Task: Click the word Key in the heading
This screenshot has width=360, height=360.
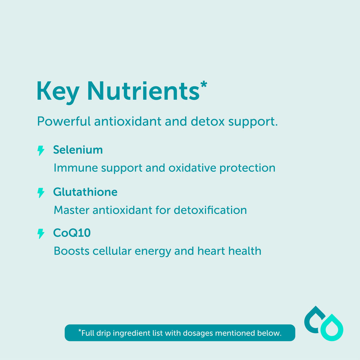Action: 58,92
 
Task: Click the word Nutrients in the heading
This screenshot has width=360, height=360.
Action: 143,91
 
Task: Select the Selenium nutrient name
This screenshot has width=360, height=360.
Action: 78,150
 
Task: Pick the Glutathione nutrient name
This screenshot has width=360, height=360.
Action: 85,192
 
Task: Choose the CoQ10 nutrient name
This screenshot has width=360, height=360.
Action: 72,233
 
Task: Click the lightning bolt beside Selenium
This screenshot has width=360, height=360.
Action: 41,151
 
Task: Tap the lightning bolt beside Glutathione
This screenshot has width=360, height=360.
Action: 41,193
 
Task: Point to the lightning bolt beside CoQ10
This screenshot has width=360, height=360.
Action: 41,234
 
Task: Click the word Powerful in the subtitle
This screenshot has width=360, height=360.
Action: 64,122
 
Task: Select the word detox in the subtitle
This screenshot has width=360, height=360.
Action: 208,122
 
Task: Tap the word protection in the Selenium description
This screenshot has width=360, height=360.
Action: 247,168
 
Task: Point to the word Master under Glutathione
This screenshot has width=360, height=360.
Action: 71,210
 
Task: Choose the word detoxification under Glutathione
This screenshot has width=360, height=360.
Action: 210,210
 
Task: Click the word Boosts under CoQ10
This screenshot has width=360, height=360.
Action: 71,251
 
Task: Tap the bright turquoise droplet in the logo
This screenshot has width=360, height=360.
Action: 332,328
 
